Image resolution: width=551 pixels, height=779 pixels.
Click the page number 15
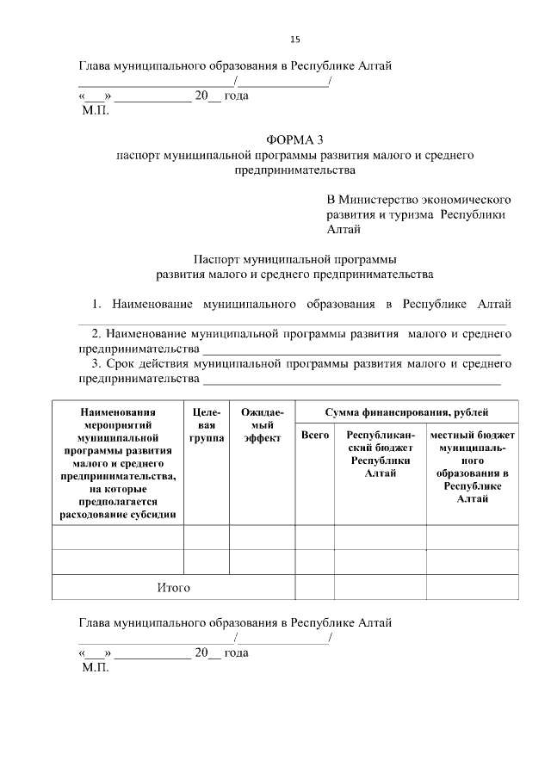(294, 40)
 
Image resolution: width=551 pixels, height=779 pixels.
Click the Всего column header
(314, 436)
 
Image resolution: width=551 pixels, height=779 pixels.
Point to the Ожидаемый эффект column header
(262, 425)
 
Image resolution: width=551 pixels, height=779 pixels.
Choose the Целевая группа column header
(207, 425)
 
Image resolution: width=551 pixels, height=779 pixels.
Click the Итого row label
(173, 588)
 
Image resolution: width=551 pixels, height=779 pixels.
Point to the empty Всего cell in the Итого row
(314, 588)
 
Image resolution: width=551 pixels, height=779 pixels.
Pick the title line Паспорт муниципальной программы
(295, 259)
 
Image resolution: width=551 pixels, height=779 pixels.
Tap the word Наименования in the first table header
(118, 412)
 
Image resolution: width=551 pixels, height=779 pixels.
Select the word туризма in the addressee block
(409, 214)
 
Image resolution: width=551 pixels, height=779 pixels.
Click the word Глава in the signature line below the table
(96, 622)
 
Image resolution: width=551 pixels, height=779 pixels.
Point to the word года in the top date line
(236, 96)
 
